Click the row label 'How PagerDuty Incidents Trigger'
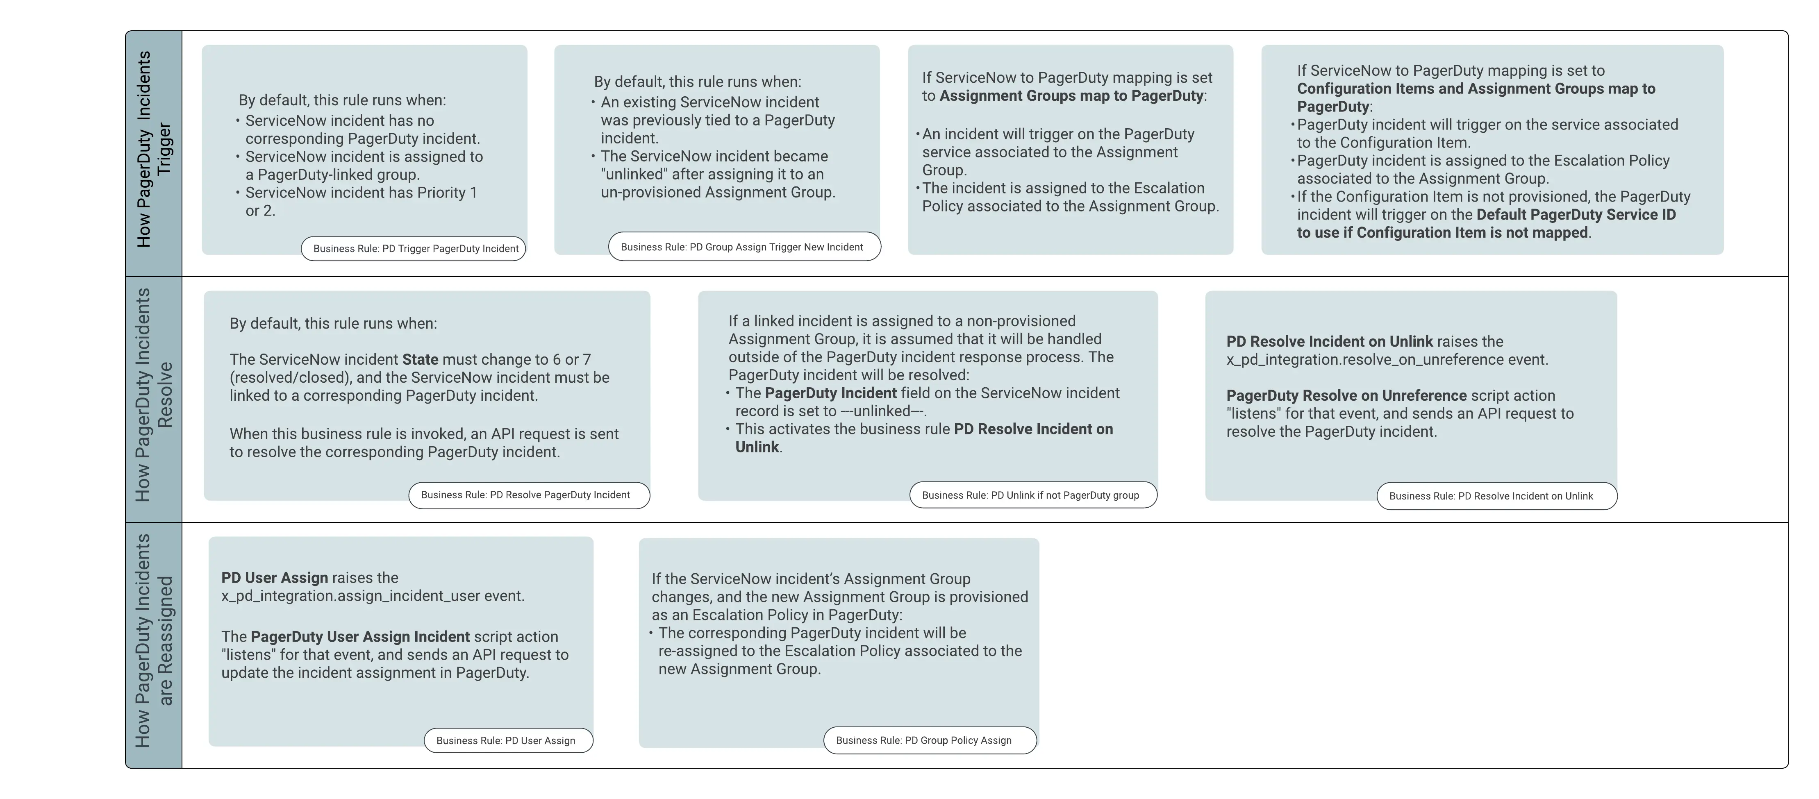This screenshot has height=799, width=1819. [153, 150]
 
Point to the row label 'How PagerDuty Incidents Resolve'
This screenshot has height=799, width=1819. [153, 395]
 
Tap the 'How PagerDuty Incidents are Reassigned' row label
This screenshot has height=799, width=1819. [153, 641]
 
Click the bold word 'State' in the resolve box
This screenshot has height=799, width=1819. [420, 359]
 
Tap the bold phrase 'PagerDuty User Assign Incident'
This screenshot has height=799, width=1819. [360, 637]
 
